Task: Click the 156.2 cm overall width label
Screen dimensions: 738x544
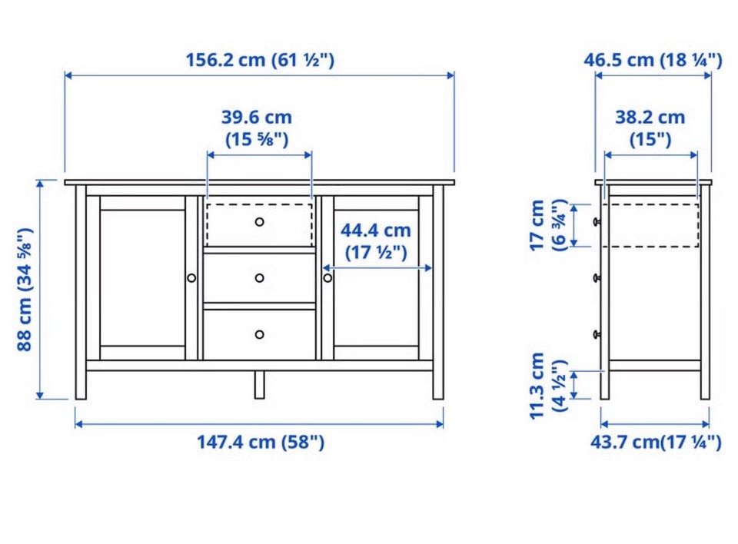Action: (260, 60)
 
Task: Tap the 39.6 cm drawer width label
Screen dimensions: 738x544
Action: (257, 128)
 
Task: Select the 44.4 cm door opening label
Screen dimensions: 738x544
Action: (376, 241)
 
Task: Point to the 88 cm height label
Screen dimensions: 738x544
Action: (25, 289)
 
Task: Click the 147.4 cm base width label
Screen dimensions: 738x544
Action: (261, 442)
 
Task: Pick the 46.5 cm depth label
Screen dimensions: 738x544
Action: (653, 60)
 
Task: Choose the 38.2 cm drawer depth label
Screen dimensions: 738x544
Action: (650, 128)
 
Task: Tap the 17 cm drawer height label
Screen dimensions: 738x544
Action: (547, 225)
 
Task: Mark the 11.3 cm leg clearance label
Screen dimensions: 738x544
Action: (547, 386)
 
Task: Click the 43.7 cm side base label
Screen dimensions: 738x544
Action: (656, 442)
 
